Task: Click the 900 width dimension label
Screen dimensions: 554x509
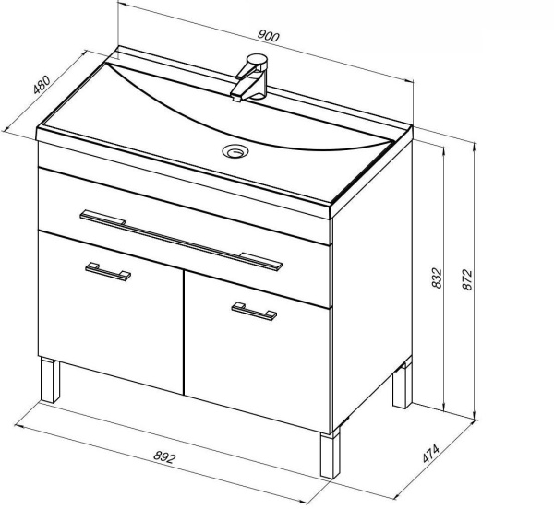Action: tap(269, 36)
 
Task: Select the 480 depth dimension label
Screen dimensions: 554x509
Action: tap(42, 85)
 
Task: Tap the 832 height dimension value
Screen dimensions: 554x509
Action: tap(437, 278)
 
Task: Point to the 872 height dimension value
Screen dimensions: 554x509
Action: tap(466, 279)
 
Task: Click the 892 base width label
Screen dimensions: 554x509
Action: tap(164, 457)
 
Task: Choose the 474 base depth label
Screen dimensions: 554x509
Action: tap(431, 454)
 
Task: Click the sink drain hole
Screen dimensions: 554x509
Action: tap(235, 151)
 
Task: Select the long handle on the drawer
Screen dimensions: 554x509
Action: tap(181, 241)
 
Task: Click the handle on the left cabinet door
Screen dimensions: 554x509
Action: tap(108, 271)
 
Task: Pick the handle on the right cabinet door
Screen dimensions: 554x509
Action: tap(254, 312)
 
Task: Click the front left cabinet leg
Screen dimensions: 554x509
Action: tap(50, 380)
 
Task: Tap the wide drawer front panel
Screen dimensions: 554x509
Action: tap(185, 237)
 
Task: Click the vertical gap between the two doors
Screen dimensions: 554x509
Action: tap(184, 332)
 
